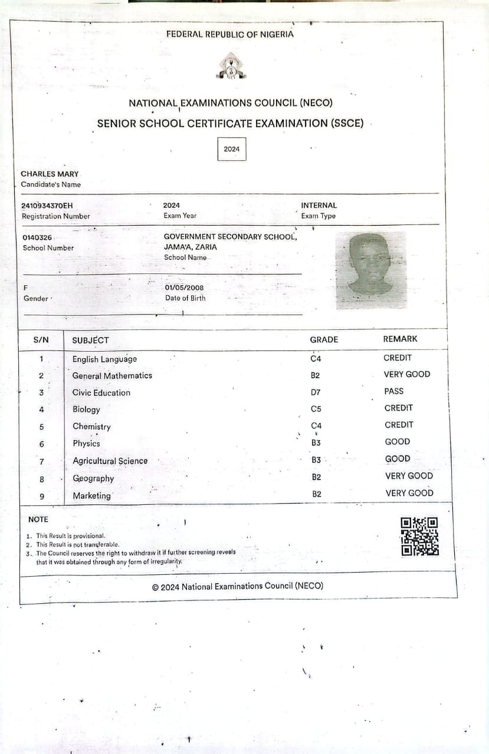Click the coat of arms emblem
tap(231, 66)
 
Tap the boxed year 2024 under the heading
tap(232, 149)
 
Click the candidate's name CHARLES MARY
tap(50, 174)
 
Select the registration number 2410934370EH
tap(47, 206)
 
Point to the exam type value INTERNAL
tap(319, 206)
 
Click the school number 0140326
tap(37, 237)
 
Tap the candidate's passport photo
tap(370, 270)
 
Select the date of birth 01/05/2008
tap(185, 288)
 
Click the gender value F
tap(25, 288)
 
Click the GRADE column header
tap(324, 339)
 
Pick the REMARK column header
tap(400, 339)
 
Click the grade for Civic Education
tap(316, 392)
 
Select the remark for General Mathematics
tap(407, 374)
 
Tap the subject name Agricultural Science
tap(110, 461)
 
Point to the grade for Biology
tap(316, 409)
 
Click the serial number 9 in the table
tap(41, 496)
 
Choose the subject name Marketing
tap(91, 496)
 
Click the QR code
tap(419, 536)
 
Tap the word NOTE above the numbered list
tap(38, 519)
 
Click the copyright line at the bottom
tap(238, 586)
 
